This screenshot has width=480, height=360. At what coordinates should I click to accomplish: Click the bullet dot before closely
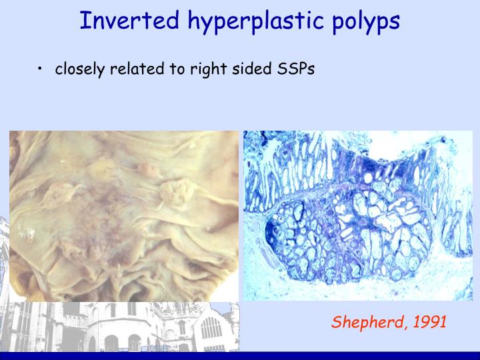pos(41,69)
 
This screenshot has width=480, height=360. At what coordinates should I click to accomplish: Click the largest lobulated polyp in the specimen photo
pos(175,194)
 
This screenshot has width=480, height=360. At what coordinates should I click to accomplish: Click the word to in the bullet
pos(176,69)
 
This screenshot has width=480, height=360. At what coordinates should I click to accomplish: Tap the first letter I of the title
pos(83,21)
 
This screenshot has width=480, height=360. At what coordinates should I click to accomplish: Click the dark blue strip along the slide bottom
pos(240,356)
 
